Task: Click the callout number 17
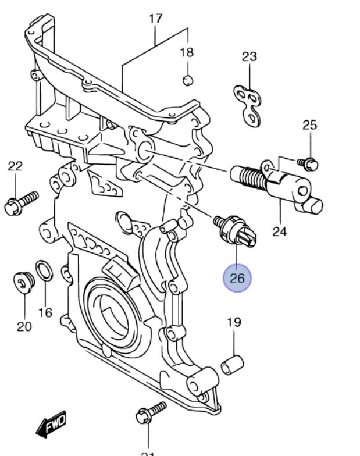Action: (155, 19)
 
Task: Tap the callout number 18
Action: (186, 53)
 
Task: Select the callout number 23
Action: (249, 57)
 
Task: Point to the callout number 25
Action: (310, 124)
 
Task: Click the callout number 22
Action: (15, 166)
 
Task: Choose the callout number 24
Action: (280, 231)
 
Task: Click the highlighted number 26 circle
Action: (237, 278)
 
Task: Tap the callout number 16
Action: (45, 312)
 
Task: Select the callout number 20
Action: (24, 326)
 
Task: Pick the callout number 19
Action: (234, 322)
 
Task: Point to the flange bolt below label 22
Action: (20, 201)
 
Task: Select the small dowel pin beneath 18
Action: (187, 80)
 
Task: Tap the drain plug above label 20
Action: (23, 283)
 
